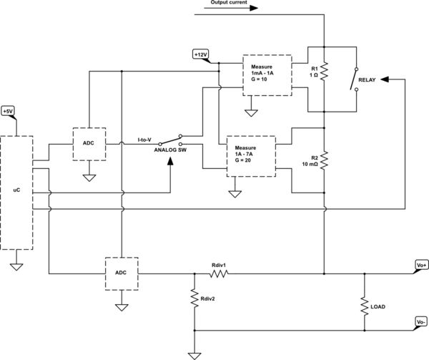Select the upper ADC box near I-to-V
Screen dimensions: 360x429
coord(89,143)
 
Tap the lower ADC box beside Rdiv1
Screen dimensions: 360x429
coord(121,273)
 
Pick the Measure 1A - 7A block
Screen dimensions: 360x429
coord(250,155)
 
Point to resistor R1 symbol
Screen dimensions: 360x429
coord(323,72)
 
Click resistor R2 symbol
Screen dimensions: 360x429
coord(323,160)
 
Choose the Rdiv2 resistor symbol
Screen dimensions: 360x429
coord(193,298)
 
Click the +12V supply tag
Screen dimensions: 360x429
coord(202,54)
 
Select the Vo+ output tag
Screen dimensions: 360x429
coord(420,265)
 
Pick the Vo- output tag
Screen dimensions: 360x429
coord(420,323)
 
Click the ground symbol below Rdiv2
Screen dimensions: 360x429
coord(193,354)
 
